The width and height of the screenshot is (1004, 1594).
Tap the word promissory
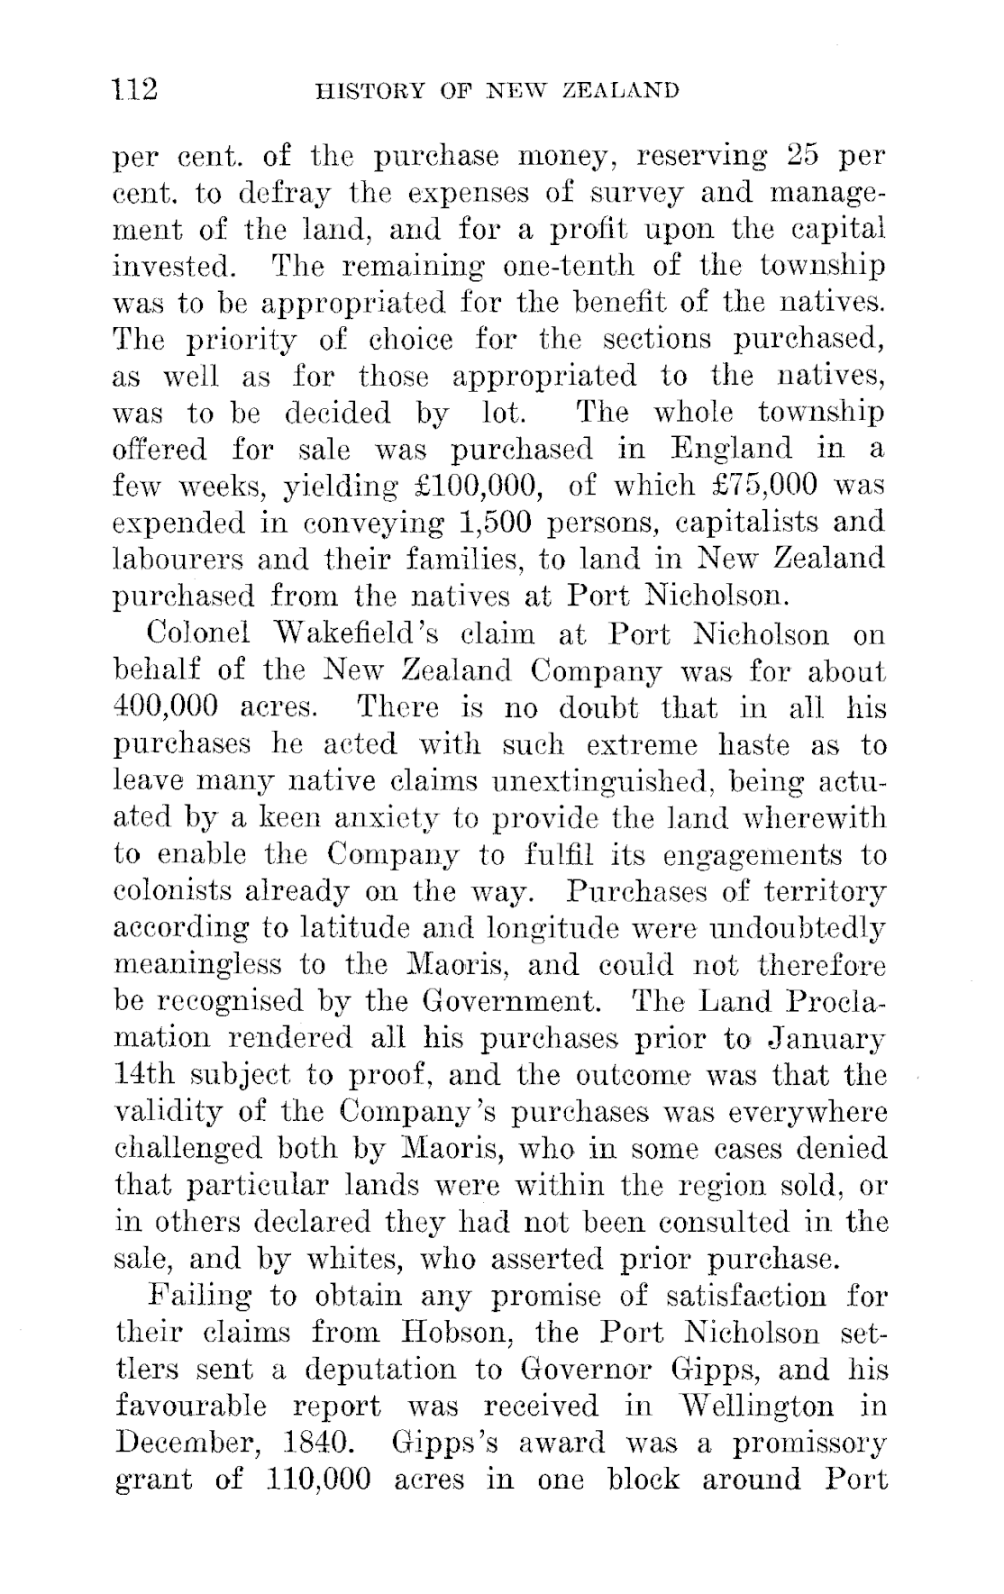point(809,1444)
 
